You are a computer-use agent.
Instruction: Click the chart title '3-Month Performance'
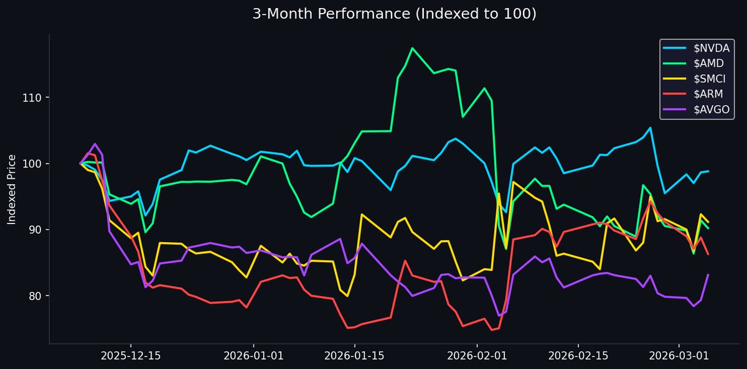click(394, 14)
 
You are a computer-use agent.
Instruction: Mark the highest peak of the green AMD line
click(412, 48)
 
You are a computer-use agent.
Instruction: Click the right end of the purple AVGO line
click(708, 274)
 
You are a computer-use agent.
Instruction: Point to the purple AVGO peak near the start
click(95, 144)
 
